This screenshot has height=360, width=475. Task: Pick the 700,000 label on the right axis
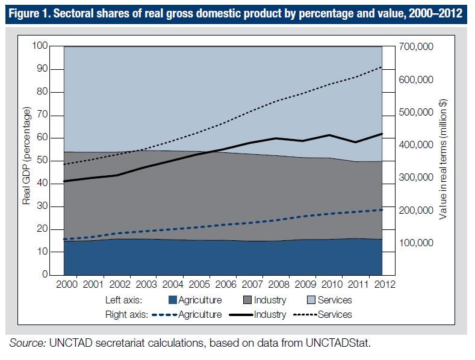pos(417,47)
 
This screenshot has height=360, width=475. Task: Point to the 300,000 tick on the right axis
pos(417,178)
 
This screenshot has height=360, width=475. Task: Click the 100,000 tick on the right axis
pos(417,243)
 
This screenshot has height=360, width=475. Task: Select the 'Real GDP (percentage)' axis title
pos(26,157)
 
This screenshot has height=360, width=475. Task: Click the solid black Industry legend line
pos(238,314)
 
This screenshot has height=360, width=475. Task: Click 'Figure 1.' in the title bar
pos(30,14)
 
